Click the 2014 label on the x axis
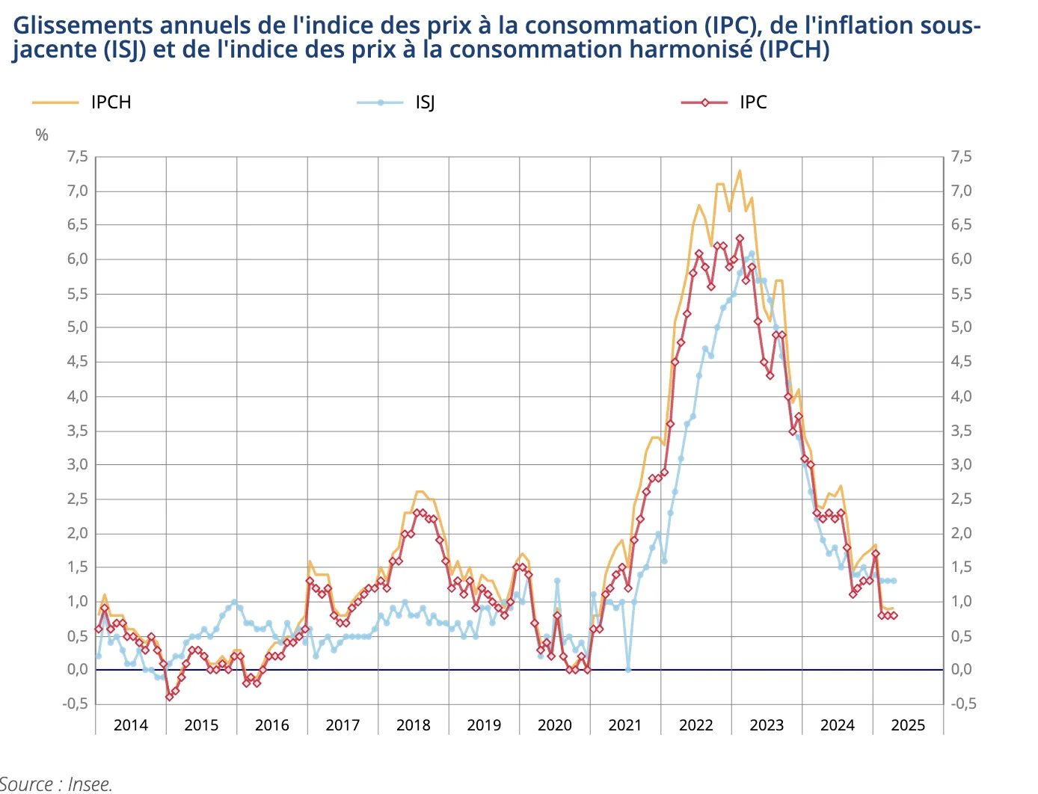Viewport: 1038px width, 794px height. coord(130,725)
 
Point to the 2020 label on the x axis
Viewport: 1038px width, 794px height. coord(554,725)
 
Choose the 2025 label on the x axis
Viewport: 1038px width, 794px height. coord(908,725)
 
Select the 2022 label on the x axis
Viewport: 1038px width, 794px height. coord(695,725)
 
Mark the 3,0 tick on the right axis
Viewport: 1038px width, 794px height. coord(962,464)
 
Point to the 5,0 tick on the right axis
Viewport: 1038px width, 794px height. coord(962,327)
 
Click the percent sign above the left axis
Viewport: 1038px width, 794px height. coord(42,135)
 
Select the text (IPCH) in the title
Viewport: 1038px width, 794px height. coord(793,50)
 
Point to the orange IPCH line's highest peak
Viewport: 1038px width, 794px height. coord(740,170)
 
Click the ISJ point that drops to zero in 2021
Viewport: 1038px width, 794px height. coord(628,670)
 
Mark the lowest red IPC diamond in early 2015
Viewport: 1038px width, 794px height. coord(169,697)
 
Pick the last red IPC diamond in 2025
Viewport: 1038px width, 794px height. coord(894,615)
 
